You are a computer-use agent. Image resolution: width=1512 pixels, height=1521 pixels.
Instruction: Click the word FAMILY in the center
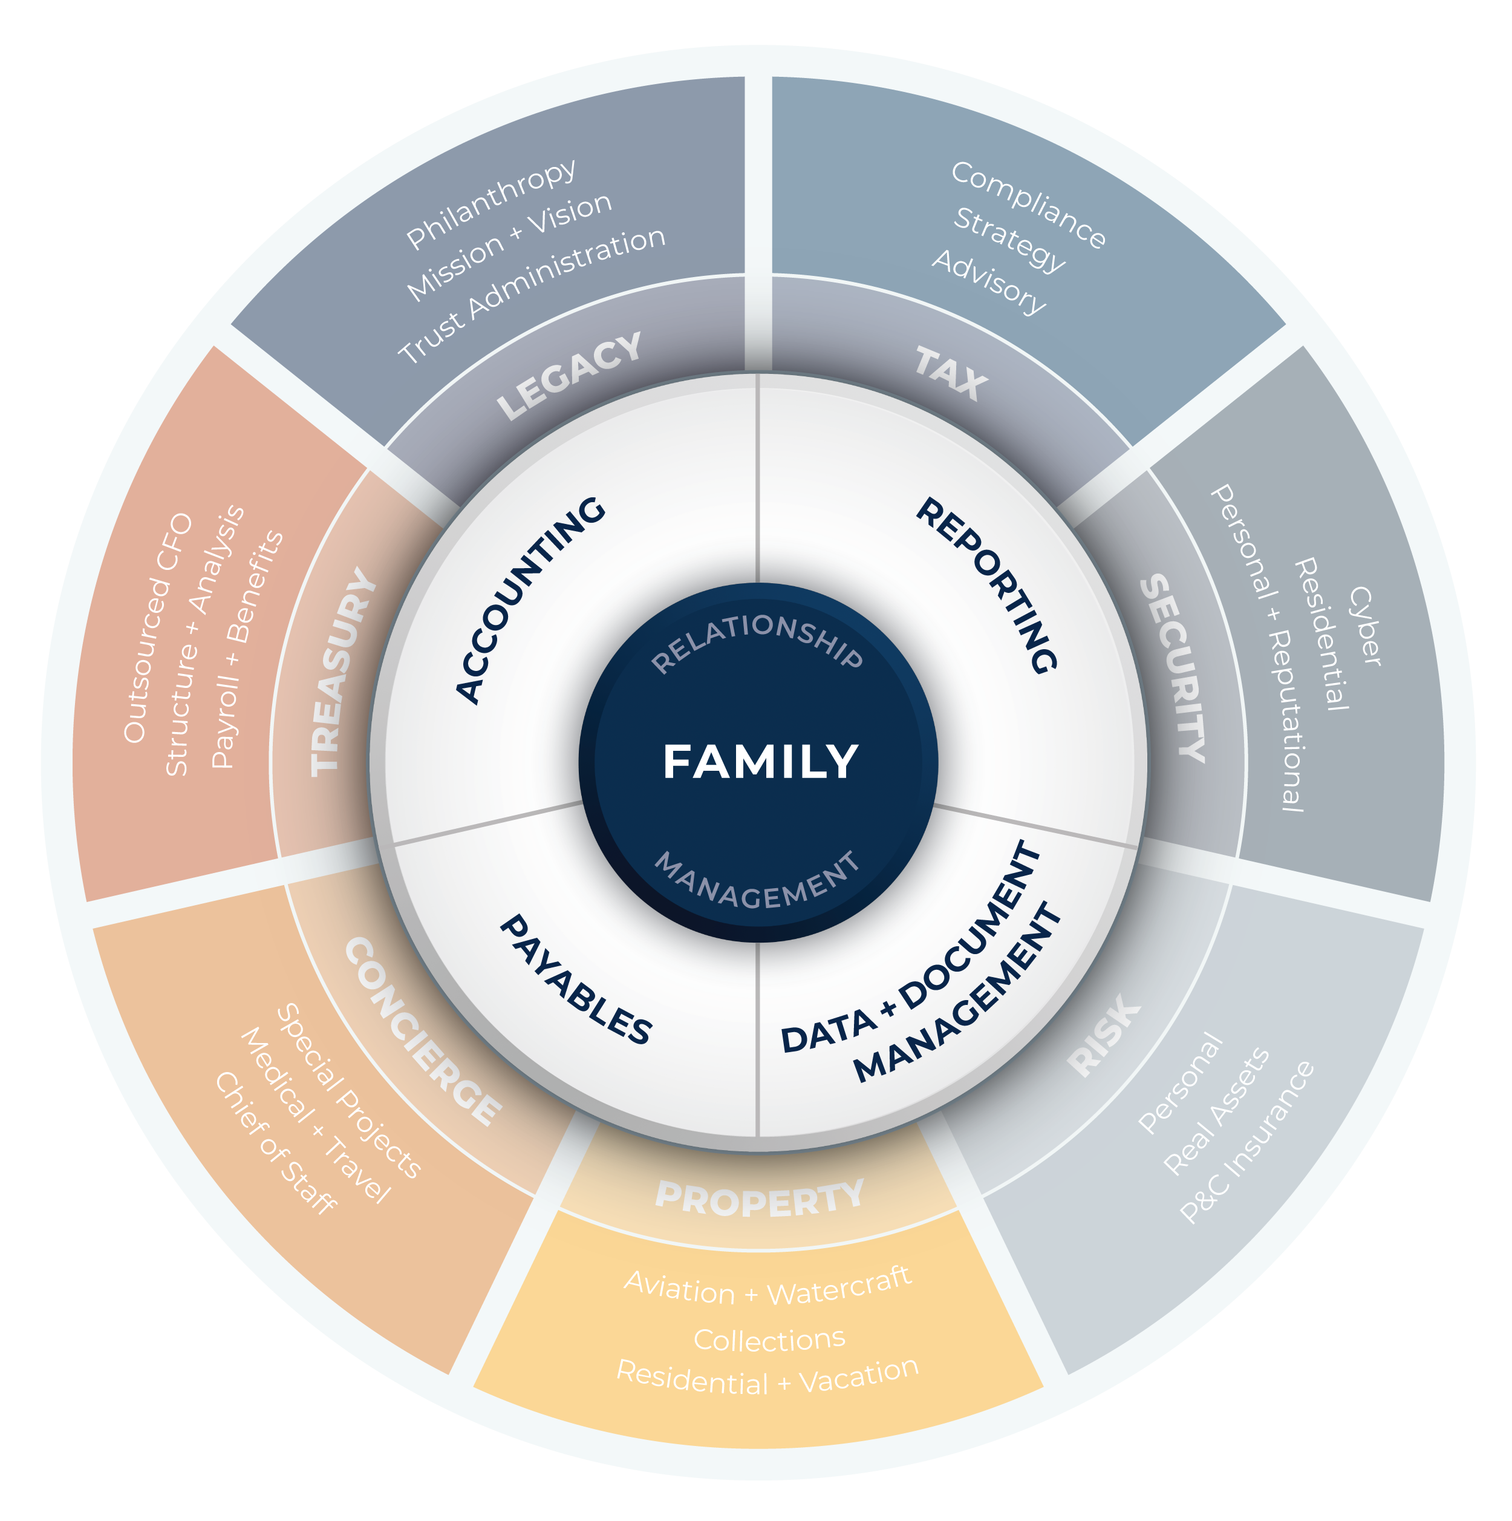[x=760, y=762]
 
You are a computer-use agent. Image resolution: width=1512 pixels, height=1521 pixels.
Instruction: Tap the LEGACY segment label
[x=569, y=376]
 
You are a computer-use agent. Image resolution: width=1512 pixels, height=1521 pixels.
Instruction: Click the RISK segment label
[x=1104, y=1035]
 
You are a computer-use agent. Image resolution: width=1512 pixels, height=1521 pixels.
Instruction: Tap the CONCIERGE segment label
[x=423, y=1032]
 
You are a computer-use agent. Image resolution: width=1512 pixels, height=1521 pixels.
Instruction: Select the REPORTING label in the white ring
[x=986, y=584]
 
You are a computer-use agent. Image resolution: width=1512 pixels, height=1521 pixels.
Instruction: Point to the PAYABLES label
[x=575, y=980]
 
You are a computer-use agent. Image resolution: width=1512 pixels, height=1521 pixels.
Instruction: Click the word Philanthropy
[x=491, y=204]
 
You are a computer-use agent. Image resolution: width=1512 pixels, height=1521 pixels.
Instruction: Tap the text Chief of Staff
[x=275, y=1142]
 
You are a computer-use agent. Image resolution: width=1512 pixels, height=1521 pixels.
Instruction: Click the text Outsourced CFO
[x=157, y=627]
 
